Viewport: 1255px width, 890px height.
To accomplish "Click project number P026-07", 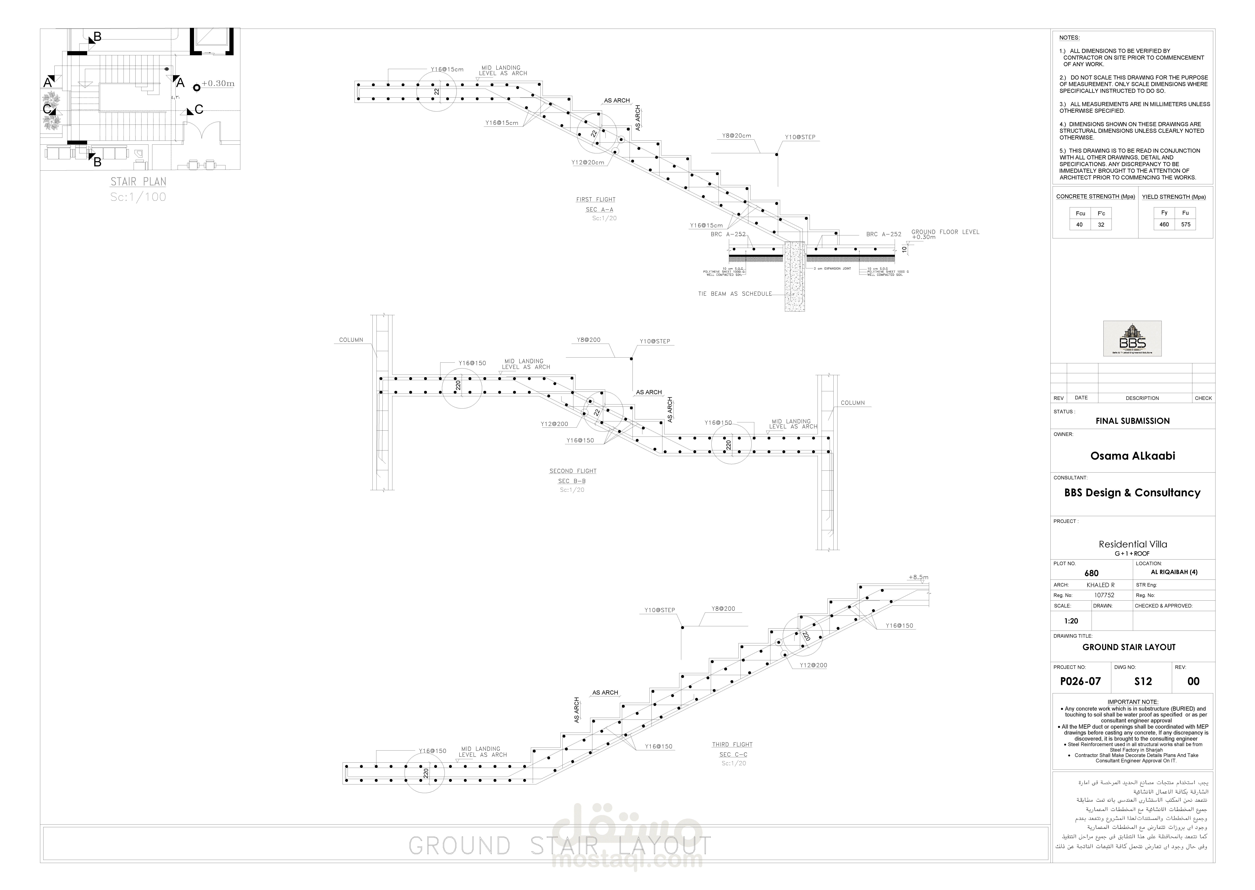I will [x=1080, y=681].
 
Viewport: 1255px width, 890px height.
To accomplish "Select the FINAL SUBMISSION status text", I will [x=1132, y=421].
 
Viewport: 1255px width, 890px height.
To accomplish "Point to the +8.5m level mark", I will [x=918, y=577].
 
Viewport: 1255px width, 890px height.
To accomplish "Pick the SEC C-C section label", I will [x=733, y=755].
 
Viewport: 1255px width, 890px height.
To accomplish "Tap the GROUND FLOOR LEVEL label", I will [x=945, y=232].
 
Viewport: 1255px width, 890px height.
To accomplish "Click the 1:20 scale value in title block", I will [x=1071, y=621].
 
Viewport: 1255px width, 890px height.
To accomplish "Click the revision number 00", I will [x=1193, y=681].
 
